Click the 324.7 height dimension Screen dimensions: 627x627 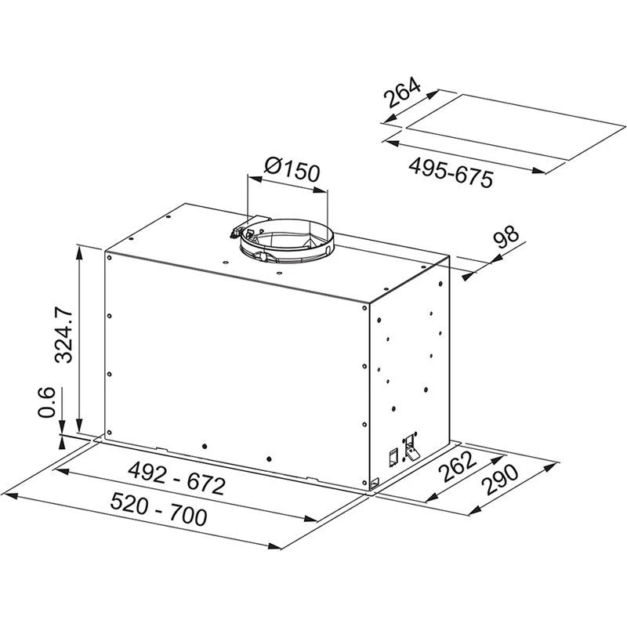[67, 335]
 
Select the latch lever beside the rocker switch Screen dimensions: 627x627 [410, 448]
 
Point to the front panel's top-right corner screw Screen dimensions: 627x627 [365, 310]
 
